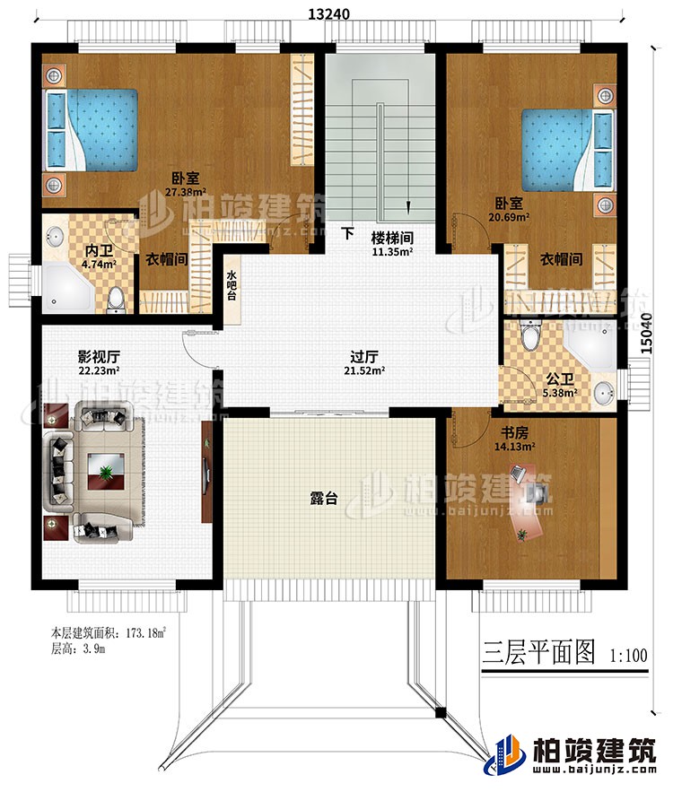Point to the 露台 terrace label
326,499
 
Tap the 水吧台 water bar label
231,285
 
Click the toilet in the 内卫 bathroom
116,302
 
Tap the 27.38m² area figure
187,191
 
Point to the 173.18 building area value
144,633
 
